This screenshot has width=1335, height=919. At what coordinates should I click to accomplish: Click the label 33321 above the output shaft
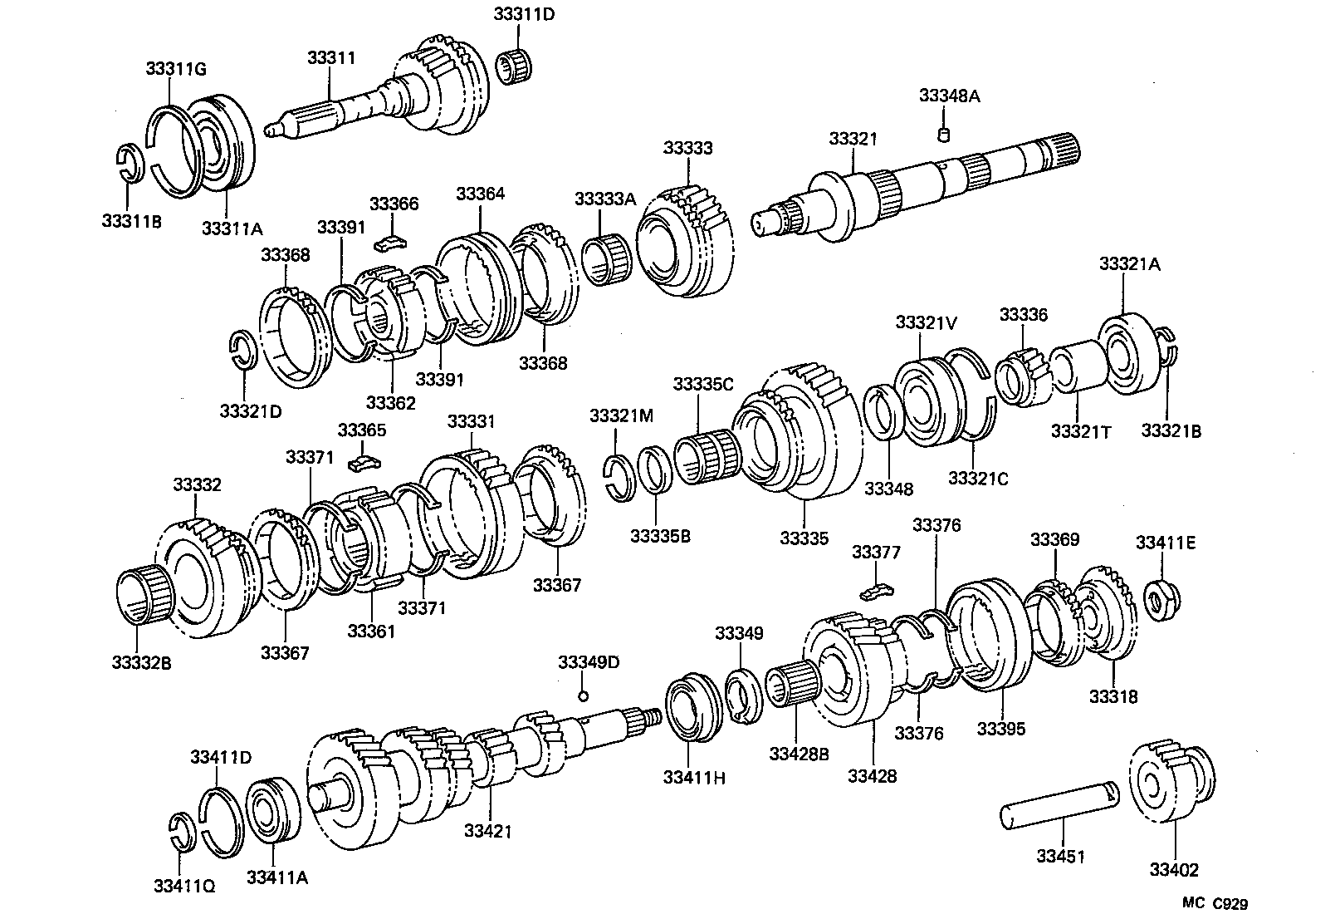pyautogui.click(x=852, y=139)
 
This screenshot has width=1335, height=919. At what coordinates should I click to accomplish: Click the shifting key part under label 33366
pyautogui.click(x=388, y=242)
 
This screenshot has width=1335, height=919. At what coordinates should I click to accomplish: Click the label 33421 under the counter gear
pyautogui.click(x=488, y=830)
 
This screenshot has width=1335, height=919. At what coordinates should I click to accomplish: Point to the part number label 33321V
pyautogui.click(x=925, y=322)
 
